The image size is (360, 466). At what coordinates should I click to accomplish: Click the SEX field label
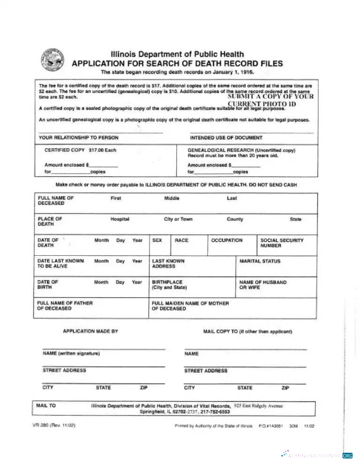coord(157,240)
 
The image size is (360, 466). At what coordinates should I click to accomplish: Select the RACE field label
coord(181,240)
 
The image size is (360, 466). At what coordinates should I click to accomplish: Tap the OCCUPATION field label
coord(226,240)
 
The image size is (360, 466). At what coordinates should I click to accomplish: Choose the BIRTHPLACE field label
coord(169,285)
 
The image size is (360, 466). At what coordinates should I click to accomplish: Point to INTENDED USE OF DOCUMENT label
coord(228,138)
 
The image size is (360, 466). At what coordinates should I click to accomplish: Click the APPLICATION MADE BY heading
coord(91,332)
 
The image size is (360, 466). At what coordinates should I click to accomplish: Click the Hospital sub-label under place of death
coord(120,219)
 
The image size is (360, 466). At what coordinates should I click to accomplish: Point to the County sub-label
coord(235,219)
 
